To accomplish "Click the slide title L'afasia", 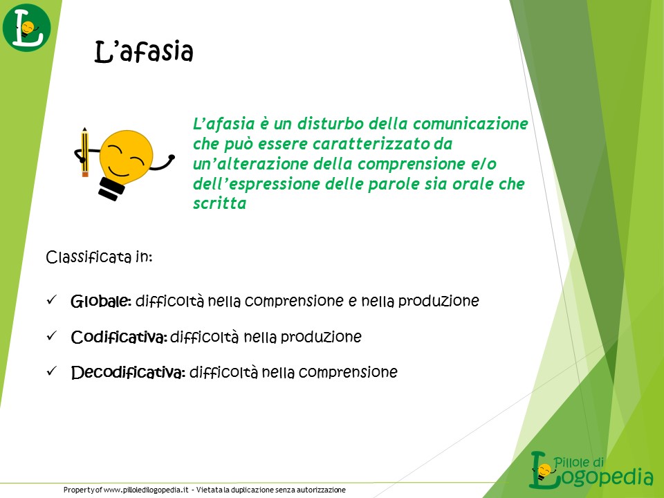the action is [x=144, y=52].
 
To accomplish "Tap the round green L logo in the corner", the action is [x=27, y=28].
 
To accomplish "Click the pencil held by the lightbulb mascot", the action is [x=84, y=152].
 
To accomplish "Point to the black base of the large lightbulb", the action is [x=111, y=189].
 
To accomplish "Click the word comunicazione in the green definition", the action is [x=470, y=124].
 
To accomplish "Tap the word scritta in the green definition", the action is [x=219, y=203].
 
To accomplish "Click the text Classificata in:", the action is [x=99, y=257].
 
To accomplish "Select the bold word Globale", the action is [x=101, y=301].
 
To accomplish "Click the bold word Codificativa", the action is [x=119, y=337].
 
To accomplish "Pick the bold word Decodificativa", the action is [x=129, y=373].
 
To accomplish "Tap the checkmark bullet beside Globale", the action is [x=51, y=300].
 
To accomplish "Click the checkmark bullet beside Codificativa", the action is [x=51, y=336].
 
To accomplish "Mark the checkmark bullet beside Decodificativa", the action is [x=51, y=371].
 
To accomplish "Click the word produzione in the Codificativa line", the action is [x=321, y=337].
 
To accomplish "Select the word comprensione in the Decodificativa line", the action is [x=348, y=372].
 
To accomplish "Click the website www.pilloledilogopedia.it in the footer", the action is [x=146, y=490].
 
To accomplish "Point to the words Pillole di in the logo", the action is [x=579, y=461].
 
